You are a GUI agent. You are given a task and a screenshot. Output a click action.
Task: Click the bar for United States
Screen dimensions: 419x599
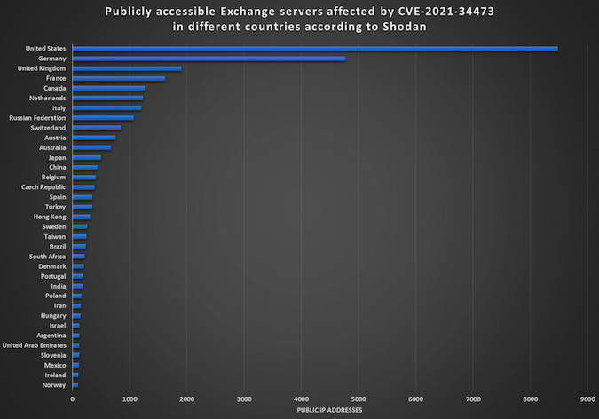tap(315, 49)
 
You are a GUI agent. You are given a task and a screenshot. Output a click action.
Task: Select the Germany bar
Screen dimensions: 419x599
tap(209, 59)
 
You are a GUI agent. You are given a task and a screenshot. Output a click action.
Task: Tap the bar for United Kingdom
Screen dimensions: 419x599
tap(127, 68)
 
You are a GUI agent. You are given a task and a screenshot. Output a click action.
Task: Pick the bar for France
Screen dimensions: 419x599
tap(119, 78)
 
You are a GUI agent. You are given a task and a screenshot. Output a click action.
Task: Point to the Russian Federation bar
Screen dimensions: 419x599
tap(103, 117)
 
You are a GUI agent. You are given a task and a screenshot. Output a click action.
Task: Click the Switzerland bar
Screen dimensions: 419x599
tap(97, 128)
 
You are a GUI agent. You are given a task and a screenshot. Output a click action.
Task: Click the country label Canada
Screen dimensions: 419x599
tap(55, 88)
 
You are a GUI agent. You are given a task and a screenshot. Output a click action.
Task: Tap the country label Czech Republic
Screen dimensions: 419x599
tap(43, 187)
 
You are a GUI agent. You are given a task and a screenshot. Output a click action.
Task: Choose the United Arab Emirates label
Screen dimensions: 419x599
tap(34, 345)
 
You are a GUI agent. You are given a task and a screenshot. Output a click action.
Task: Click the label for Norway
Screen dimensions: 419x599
tap(53, 385)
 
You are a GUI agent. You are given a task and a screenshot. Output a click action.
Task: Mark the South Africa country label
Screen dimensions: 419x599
tap(47, 257)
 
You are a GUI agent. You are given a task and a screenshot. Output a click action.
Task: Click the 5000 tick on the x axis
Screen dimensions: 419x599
tap(359, 399)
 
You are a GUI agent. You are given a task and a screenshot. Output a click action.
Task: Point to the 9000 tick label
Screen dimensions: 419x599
tap(587, 399)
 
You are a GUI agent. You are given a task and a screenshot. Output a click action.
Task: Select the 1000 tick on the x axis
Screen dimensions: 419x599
tap(130, 399)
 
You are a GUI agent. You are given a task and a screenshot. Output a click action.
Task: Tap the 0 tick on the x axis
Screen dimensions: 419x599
tap(73, 399)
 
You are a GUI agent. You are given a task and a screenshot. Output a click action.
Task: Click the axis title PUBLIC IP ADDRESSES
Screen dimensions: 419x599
tap(329, 410)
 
